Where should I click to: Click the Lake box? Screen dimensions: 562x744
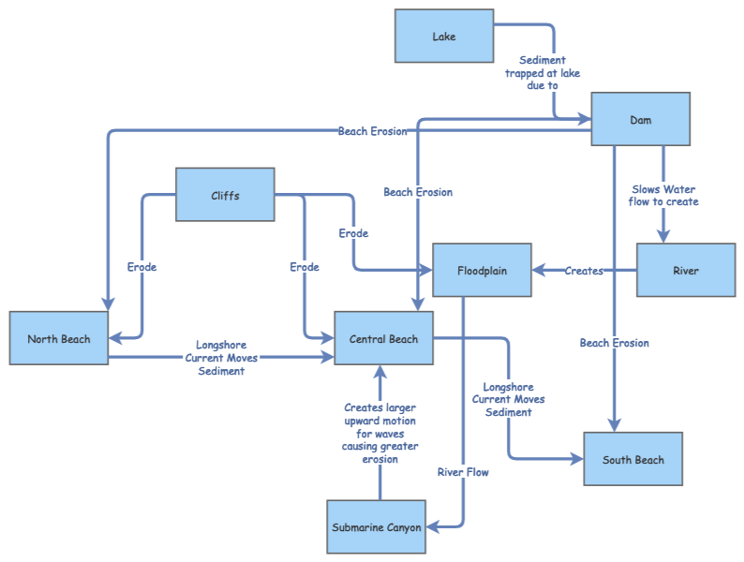(444, 37)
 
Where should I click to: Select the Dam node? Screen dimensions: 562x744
(640, 119)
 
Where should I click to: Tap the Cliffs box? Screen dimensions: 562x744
(225, 195)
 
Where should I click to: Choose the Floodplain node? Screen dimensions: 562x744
(482, 271)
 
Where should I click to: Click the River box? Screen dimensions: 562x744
(685, 271)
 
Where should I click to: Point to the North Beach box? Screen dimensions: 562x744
(59, 338)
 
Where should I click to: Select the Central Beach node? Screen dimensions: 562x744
(383, 338)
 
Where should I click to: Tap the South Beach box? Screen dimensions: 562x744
(633, 459)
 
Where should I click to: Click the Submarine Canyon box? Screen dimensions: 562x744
(377, 527)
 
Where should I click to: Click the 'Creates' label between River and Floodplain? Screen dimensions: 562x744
(584, 271)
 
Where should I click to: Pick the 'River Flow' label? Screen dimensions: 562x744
(463, 472)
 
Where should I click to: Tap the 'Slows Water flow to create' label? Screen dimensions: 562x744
(663, 195)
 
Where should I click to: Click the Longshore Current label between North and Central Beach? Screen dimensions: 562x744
(221, 358)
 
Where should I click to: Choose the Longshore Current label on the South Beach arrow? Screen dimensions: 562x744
(508, 399)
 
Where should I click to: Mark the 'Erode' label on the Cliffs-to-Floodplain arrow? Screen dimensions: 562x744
(353, 233)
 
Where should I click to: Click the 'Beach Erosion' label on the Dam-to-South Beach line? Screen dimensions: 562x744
(614, 343)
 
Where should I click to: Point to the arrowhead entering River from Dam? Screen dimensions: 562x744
(663, 237)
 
